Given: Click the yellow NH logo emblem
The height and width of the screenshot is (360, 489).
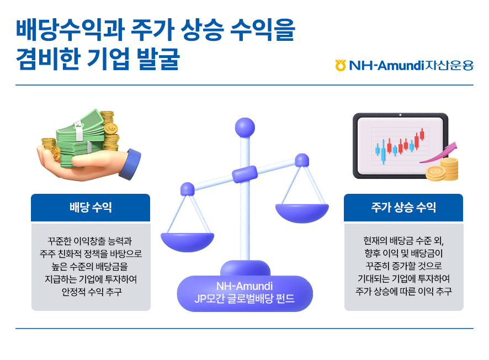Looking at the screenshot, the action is [x=340, y=65].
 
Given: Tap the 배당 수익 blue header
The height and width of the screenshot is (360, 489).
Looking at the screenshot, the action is [x=91, y=208].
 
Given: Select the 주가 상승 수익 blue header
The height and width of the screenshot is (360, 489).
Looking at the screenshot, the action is [x=403, y=208].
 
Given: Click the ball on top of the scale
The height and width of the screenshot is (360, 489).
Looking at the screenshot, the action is [x=245, y=128].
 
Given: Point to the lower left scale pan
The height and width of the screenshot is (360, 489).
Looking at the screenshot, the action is [x=188, y=242].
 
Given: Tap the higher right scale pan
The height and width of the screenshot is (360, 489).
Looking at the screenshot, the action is [x=302, y=213].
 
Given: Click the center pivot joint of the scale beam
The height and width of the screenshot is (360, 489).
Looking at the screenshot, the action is [x=245, y=174].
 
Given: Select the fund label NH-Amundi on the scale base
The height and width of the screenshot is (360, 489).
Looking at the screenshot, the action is [x=244, y=286].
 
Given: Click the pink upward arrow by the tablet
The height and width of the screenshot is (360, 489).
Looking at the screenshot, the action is [x=440, y=153].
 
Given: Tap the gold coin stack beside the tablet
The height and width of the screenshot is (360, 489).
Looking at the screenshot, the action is [x=442, y=170].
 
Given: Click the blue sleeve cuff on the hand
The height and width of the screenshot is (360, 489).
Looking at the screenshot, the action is [x=130, y=164].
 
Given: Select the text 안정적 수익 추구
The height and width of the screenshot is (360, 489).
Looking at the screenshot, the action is [x=92, y=292].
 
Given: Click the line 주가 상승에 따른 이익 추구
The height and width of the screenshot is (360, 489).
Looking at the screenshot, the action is [x=403, y=292].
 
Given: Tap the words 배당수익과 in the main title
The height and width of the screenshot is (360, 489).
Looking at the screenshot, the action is [x=70, y=30].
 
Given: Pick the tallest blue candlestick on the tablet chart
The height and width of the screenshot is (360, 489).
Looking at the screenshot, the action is [x=383, y=152].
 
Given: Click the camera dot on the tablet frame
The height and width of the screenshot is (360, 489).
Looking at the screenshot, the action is [x=400, y=115].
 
